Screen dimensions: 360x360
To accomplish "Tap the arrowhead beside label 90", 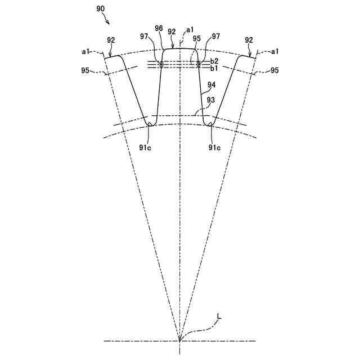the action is (x=109, y=22).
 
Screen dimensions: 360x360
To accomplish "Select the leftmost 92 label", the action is (x=111, y=40).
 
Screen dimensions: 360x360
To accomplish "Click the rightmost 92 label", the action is (x=249, y=40).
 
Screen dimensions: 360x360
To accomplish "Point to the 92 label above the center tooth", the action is (x=172, y=32).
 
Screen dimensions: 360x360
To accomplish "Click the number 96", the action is (x=159, y=28).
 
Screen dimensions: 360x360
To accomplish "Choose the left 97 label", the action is (x=145, y=37).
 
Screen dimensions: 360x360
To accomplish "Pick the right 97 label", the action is (x=216, y=37).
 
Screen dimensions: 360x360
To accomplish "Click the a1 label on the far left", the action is (x=86, y=51).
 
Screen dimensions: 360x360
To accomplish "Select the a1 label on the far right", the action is (x=276, y=51).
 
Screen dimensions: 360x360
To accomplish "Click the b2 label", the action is (x=214, y=61).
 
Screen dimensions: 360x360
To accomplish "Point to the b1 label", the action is (x=214, y=68).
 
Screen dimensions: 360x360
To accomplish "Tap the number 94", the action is (x=211, y=85).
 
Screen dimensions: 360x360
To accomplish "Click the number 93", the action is (x=211, y=100).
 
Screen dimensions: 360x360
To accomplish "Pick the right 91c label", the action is (x=214, y=148).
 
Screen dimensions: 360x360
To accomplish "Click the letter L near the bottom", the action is (x=219, y=317).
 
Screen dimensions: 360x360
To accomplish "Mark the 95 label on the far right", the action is (x=275, y=71).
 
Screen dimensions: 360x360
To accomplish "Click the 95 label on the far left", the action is (x=85, y=71).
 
